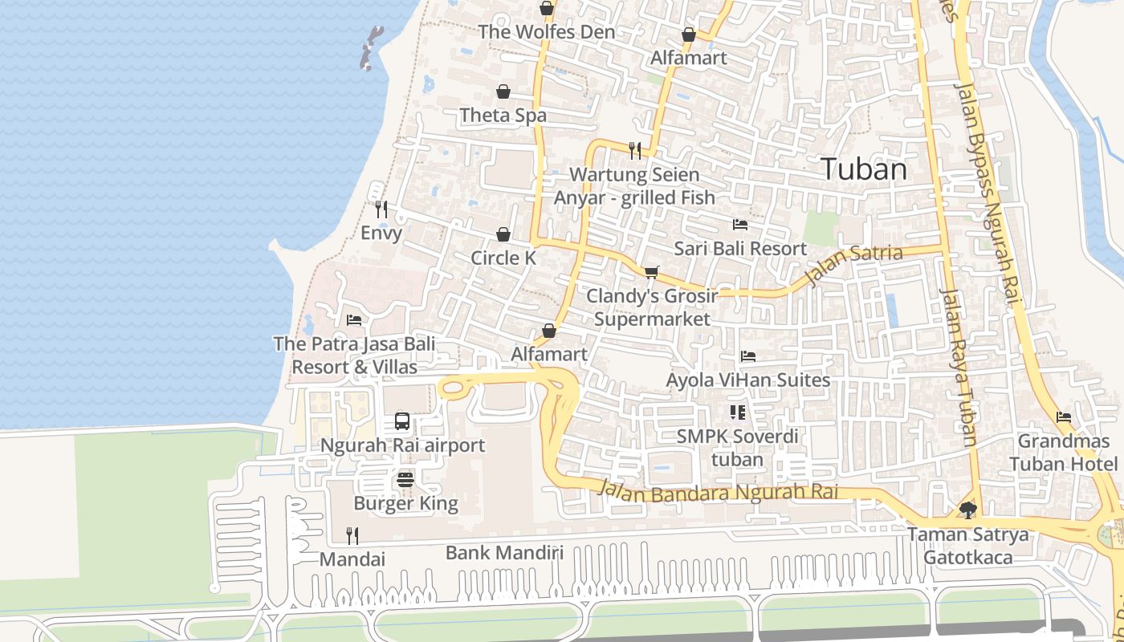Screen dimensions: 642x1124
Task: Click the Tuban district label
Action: (x=864, y=169)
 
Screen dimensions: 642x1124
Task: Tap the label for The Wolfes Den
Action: (x=546, y=32)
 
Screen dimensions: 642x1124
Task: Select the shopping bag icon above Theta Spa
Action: (x=503, y=91)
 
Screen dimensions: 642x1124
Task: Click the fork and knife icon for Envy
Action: (x=381, y=209)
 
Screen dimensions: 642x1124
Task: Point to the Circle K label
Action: (x=503, y=258)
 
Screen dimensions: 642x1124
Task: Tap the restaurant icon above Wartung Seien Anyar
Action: (x=635, y=150)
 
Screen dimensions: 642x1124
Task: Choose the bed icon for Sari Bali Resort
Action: (x=740, y=225)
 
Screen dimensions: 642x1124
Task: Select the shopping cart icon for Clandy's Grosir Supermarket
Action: (x=651, y=273)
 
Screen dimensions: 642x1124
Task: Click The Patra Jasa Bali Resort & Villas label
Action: (x=354, y=356)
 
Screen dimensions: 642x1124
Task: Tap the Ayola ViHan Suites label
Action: (x=748, y=380)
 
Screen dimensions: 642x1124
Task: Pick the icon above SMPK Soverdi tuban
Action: (x=737, y=412)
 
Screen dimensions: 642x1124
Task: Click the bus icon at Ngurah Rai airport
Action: (x=402, y=421)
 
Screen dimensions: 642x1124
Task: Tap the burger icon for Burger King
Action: (x=405, y=480)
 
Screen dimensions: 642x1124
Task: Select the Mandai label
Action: (x=352, y=559)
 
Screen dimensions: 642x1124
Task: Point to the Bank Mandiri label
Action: (x=504, y=552)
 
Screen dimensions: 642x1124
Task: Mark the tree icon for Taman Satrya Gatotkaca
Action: (x=968, y=510)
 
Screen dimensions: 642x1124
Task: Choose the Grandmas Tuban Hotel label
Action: (x=1063, y=453)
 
